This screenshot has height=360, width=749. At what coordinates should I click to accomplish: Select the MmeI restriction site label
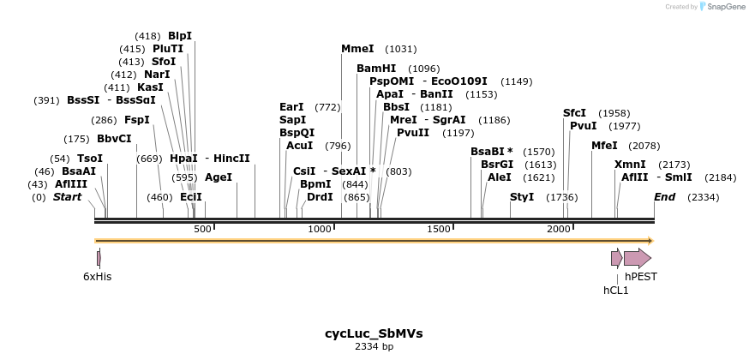pyautogui.click(x=357, y=49)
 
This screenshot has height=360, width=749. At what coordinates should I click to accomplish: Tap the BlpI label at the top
pyautogui.click(x=180, y=36)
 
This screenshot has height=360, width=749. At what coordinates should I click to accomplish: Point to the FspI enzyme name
pyautogui.click(x=137, y=120)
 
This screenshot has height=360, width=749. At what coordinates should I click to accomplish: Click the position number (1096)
pyautogui.click(x=423, y=69)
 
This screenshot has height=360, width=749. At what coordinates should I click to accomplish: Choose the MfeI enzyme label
pyautogui.click(x=604, y=146)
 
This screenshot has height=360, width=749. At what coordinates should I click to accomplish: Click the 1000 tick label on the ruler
pyautogui.click(x=319, y=229)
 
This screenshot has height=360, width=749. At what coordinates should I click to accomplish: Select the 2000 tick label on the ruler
pyautogui.click(x=559, y=229)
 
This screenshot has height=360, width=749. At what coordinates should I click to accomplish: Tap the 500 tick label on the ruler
pyautogui.click(x=202, y=229)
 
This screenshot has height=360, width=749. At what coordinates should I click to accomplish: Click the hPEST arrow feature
pyautogui.click(x=638, y=258)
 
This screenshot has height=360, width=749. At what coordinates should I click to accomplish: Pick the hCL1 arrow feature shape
pyautogui.click(x=617, y=258)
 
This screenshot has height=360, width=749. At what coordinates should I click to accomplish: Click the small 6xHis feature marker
pyautogui.click(x=99, y=258)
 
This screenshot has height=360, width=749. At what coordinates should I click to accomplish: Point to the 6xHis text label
pyautogui.click(x=98, y=277)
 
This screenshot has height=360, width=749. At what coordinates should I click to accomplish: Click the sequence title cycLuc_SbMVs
pyautogui.click(x=374, y=333)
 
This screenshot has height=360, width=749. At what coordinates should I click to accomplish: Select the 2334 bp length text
pyautogui.click(x=374, y=346)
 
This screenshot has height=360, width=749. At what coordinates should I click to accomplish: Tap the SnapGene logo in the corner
pyautogui.click(x=722, y=6)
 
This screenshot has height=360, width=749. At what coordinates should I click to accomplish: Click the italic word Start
pyautogui.click(x=68, y=196)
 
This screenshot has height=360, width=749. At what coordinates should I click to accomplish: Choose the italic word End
pyautogui.click(x=664, y=197)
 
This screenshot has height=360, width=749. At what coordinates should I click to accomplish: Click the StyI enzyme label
pyautogui.click(x=522, y=196)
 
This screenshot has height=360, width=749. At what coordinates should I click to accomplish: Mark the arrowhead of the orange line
pyautogui.click(x=650, y=241)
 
